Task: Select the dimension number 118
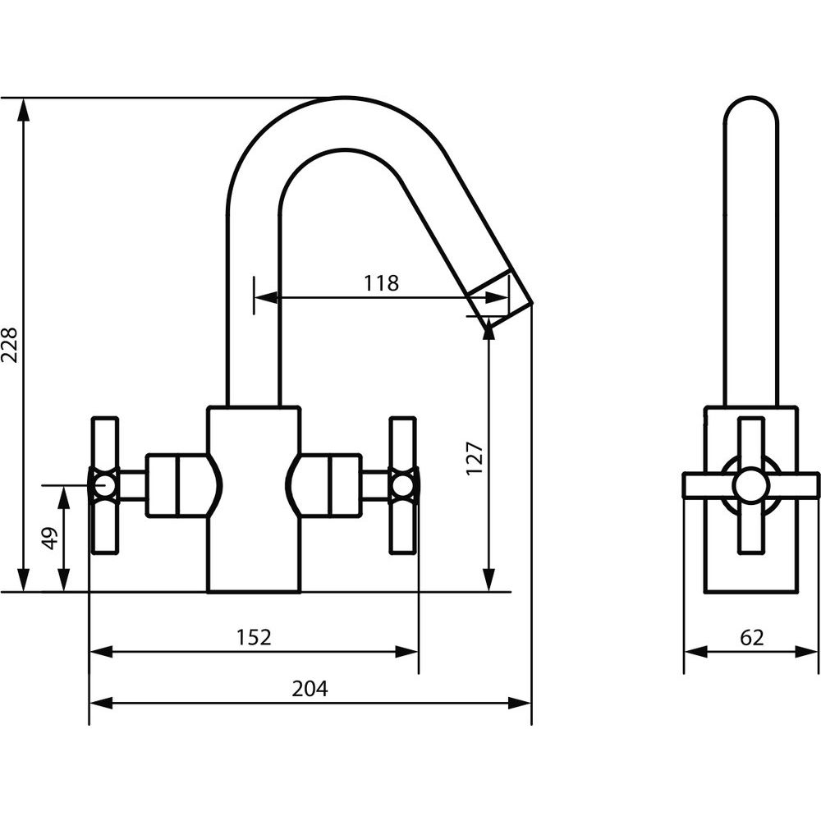(381, 283)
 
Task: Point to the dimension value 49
(50, 538)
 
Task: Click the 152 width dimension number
(254, 637)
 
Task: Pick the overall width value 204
(310, 689)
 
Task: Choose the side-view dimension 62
(750, 637)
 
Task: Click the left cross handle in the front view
(104, 486)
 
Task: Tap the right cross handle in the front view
(402, 486)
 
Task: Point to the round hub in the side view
(750, 485)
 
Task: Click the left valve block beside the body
(174, 485)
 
